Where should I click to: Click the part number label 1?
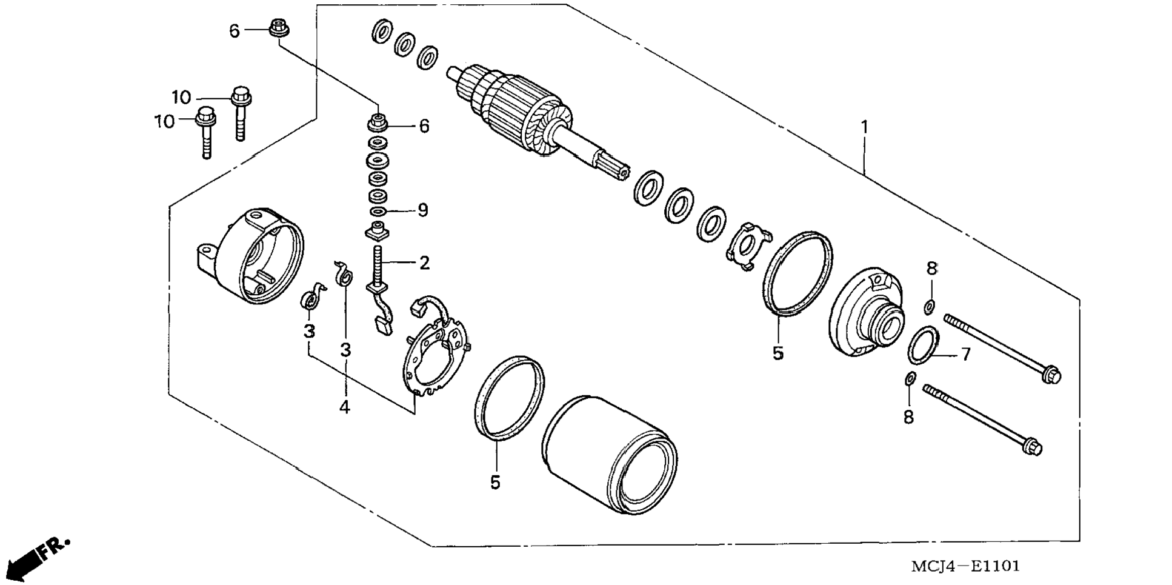coord(865,127)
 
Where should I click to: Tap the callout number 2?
coord(424,262)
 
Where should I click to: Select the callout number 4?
coord(344,407)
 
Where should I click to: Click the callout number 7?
coord(965,354)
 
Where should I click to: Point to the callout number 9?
coord(422,210)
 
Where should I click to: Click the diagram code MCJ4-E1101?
coord(965,566)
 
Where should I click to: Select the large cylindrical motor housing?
coord(609,455)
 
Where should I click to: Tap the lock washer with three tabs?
coord(747,246)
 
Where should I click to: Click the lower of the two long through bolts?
coord(982,418)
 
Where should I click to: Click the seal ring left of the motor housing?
coord(509,397)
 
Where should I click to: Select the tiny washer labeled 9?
coord(379,212)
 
